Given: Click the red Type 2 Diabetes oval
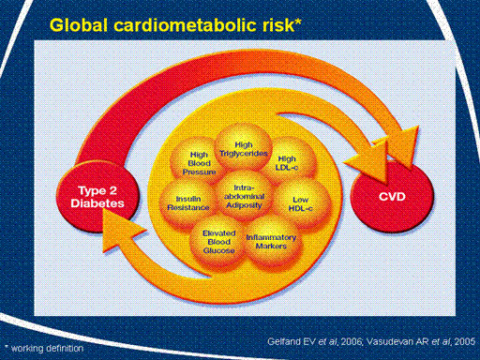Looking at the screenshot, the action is (x=97, y=198).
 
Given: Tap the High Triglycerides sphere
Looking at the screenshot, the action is (x=244, y=147).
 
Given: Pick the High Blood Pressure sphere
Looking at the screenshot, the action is (x=195, y=161).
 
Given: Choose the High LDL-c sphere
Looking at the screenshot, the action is (x=289, y=161).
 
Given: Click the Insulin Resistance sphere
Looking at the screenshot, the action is (x=187, y=203).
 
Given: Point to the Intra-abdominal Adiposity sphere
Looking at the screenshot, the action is (x=244, y=196).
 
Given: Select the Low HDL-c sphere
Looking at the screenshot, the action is (x=302, y=203).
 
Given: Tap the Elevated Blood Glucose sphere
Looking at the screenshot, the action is (x=218, y=241).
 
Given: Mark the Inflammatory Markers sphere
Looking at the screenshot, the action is (x=273, y=242).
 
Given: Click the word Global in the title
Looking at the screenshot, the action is (x=79, y=25).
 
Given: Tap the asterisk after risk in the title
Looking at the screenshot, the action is (x=298, y=22).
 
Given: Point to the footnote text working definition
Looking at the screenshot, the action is (x=48, y=348).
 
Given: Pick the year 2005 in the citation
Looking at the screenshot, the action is (x=465, y=341).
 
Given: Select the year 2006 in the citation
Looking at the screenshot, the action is (x=352, y=341).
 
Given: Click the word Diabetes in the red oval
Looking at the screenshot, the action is (x=97, y=203).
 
